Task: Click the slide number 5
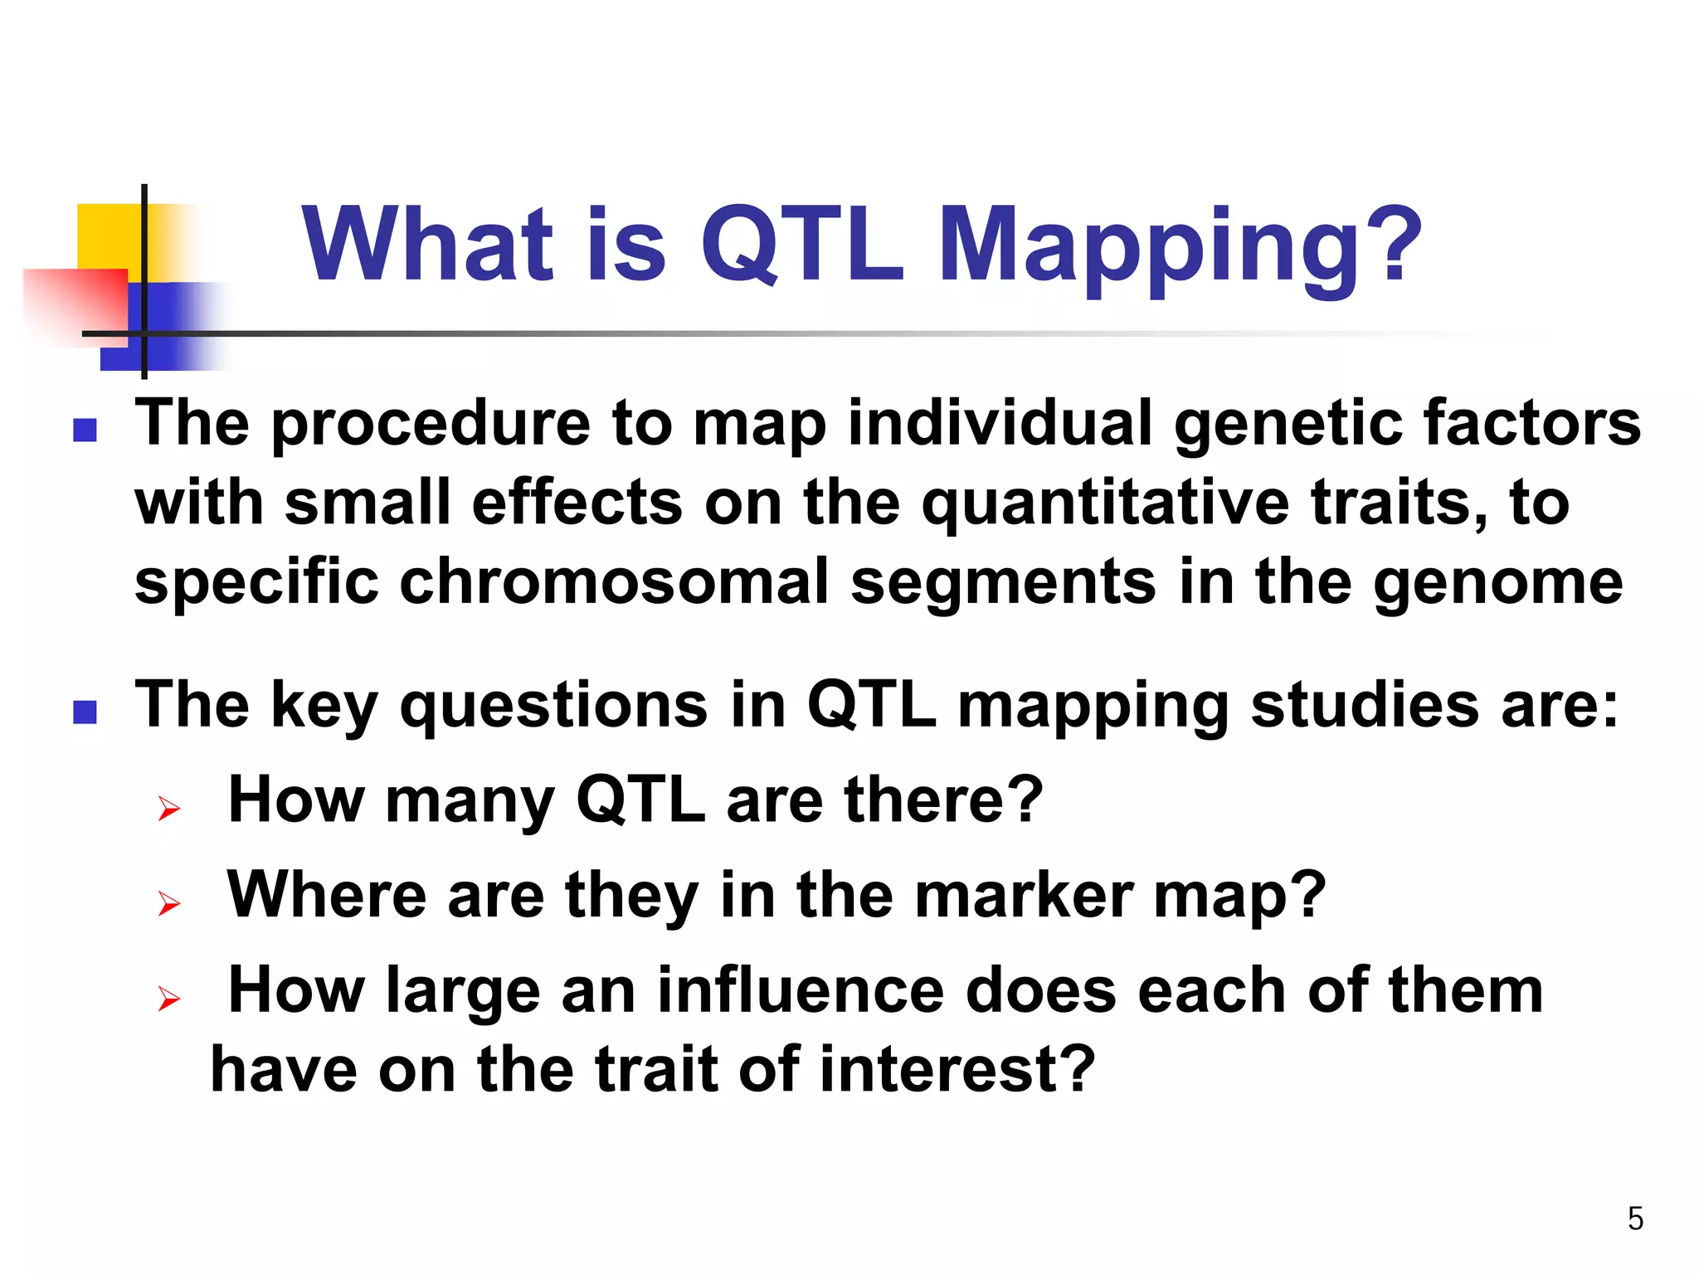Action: coord(1635,1218)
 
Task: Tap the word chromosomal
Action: coord(614,582)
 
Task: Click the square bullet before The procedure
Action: coord(85,430)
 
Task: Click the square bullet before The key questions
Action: coord(85,712)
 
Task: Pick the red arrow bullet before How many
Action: coord(169,808)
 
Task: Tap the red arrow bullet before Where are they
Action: coord(169,903)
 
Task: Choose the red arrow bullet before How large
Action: coord(169,999)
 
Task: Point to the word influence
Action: coord(801,990)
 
